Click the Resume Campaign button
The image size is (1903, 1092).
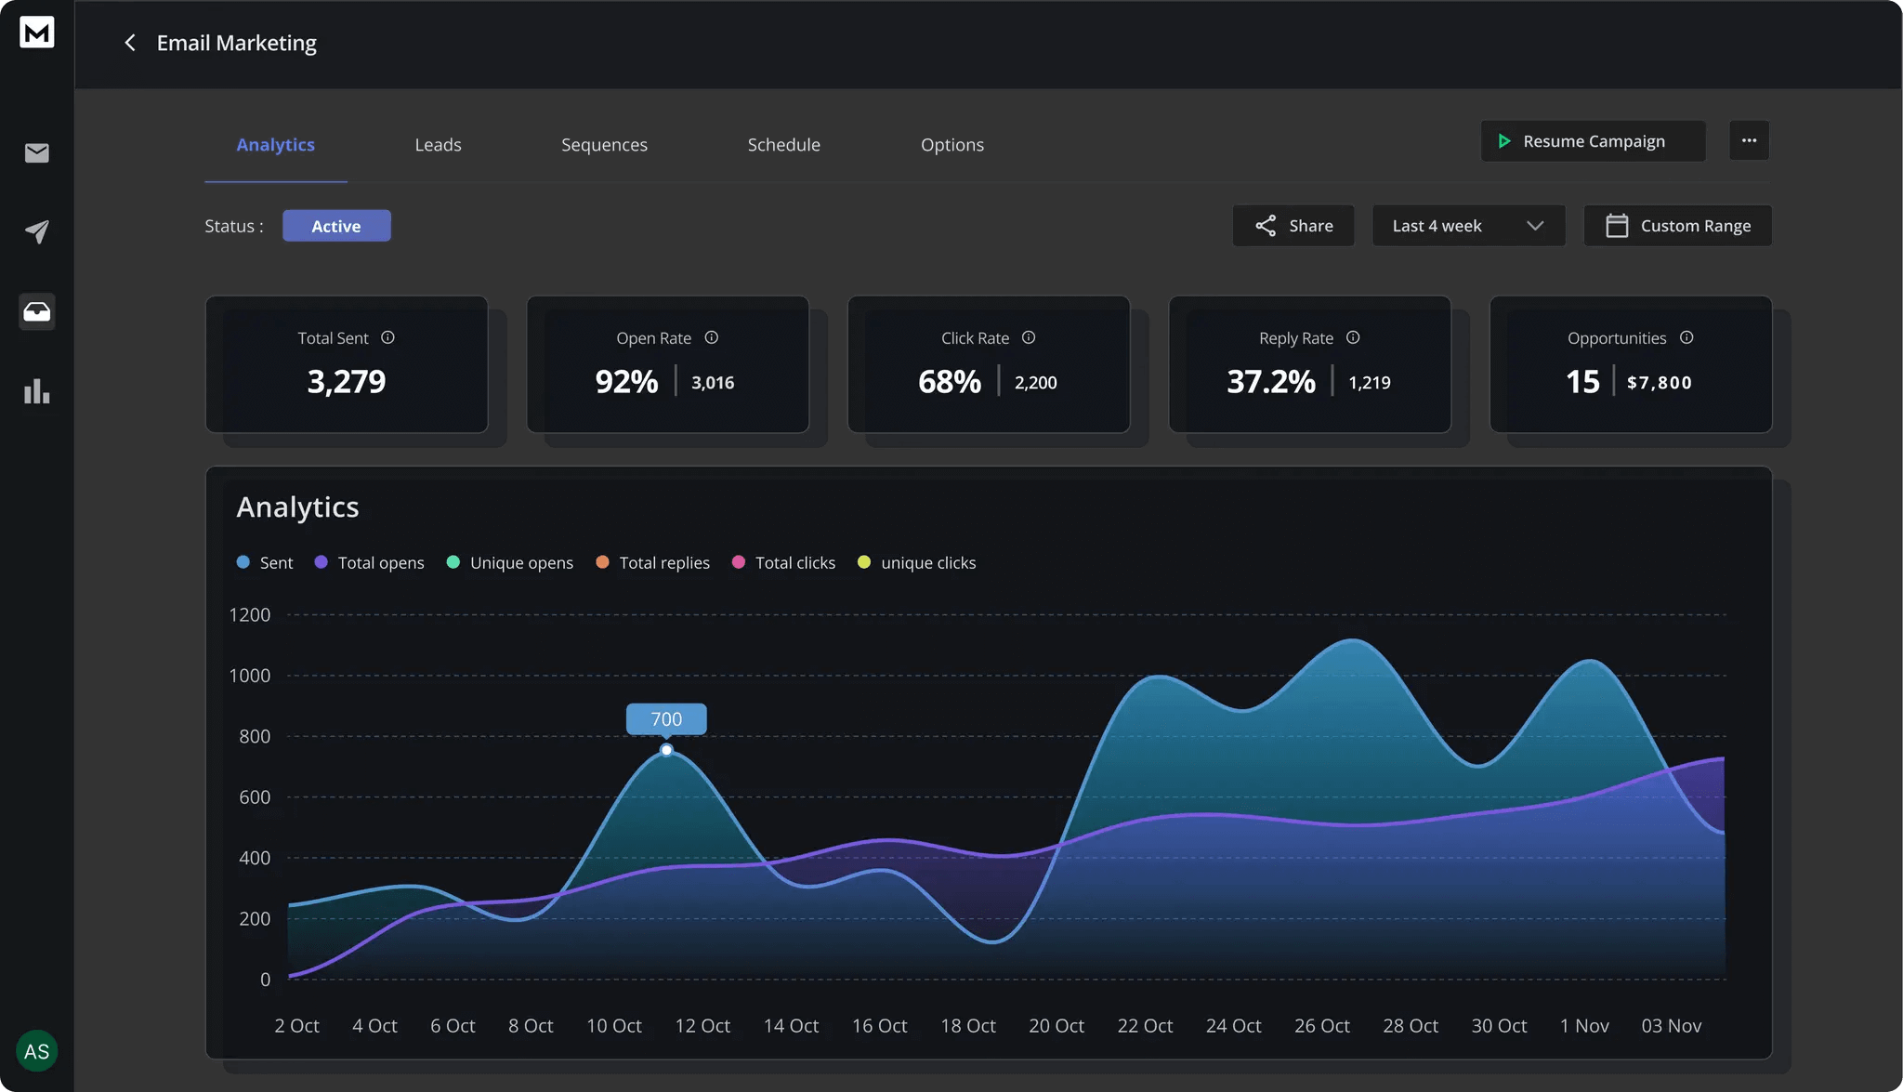[x=1592, y=141]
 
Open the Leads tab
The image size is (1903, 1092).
[x=438, y=145]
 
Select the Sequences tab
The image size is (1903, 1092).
[x=604, y=145]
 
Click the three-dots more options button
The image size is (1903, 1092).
[x=1748, y=141]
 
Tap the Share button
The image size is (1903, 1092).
[x=1293, y=226]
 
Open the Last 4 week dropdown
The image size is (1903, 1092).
[x=1467, y=226]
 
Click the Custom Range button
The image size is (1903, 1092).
[x=1676, y=226]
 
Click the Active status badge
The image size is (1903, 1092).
[x=336, y=226]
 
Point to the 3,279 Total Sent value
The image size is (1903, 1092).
[x=346, y=382]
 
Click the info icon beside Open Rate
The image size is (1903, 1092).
[x=711, y=338]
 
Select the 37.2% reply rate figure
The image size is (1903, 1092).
[x=1270, y=382]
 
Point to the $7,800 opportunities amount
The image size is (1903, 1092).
[x=1659, y=383]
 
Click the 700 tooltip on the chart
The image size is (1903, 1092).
[x=666, y=719]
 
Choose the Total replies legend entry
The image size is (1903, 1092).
[x=653, y=563]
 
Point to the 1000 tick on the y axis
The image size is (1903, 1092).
[x=250, y=676]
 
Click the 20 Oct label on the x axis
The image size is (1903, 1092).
[x=1056, y=1026]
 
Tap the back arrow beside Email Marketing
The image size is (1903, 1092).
[x=130, y=44]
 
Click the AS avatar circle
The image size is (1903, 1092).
[x=37, y=1051]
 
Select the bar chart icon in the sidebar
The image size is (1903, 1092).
[x=37, y=391]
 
